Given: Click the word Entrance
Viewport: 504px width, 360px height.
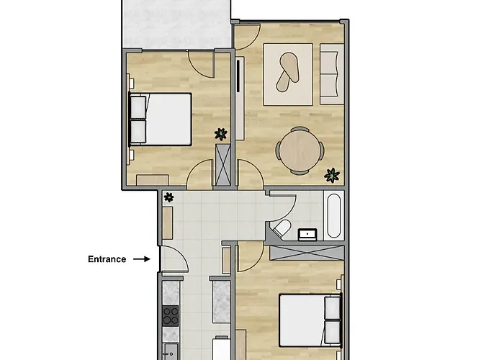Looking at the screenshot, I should coord(107,259).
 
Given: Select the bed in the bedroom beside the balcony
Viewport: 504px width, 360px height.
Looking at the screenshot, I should coord(161,118).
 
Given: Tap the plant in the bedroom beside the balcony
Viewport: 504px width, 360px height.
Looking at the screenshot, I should coord(221,133).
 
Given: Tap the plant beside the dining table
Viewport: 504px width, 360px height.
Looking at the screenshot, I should coord(332,174).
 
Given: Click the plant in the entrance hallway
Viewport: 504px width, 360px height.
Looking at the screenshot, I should coord(169,197).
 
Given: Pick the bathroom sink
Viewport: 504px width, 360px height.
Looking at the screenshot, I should coord(308,233).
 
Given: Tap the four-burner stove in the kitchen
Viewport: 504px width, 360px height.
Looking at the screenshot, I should coord(171,315).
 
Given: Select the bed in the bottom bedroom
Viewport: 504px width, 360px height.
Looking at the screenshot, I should coord(310,319).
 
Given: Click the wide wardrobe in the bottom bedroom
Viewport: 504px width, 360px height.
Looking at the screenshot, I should coord(305,252).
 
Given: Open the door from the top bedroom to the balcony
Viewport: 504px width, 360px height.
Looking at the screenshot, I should coord(200,63).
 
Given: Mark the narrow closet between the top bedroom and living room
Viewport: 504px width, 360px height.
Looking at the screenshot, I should coord(224,166).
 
